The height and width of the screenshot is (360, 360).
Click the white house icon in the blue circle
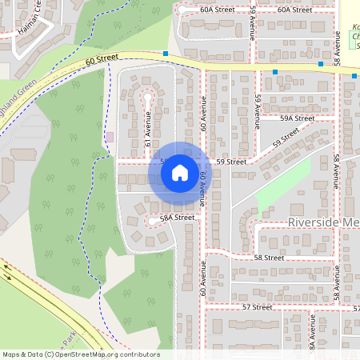click(x=180, y=172)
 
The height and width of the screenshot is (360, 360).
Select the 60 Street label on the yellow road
click(x=102, y=58)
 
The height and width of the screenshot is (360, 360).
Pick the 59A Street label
click(x=297, y=118)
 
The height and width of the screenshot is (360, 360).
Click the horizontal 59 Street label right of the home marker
click(x=231, y=161)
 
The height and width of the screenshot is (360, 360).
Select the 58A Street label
click(x=177, y=218)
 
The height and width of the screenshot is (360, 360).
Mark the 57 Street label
click(x=257, y=306)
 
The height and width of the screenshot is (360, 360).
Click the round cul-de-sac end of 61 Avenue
click(x=147, y=97)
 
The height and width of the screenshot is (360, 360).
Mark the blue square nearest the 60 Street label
click(x=166, y=54)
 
